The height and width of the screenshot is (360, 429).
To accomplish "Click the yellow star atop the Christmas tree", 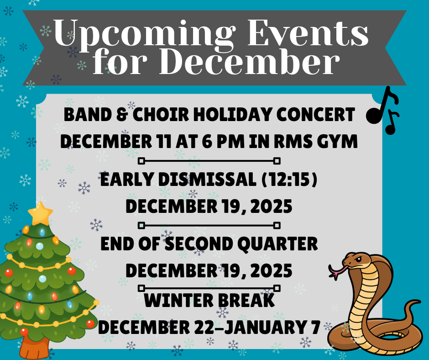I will coord(40,213).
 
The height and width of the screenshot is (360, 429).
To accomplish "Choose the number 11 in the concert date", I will coord(161,142).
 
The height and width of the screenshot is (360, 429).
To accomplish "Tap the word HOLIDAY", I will coord(237,114).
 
